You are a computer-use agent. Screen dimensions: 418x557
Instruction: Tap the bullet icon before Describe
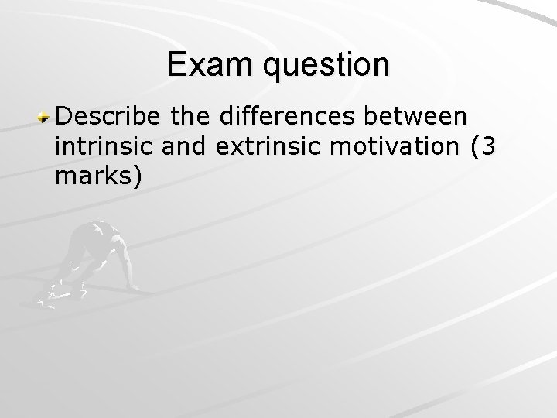[46, 118]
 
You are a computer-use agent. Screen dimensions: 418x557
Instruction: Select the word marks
[94, 178]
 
